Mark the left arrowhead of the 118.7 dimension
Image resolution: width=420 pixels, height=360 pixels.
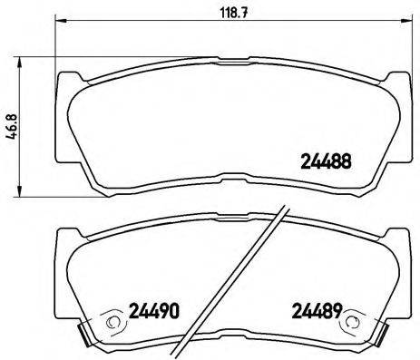pos(60,22)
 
